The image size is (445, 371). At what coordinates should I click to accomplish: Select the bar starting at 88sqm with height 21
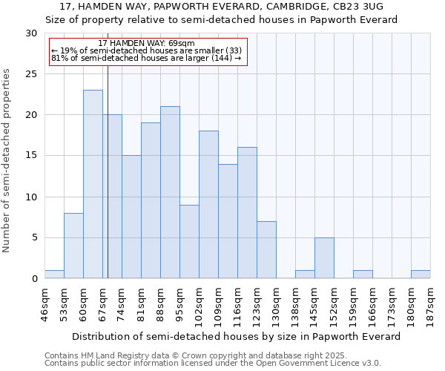[x=170, y=192]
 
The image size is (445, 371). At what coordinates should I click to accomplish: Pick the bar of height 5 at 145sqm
[x=324, y=257]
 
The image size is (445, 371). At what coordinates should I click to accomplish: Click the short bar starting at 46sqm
[x=54, y=275]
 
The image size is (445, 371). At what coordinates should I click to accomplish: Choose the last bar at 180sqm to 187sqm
[x=421, y=275]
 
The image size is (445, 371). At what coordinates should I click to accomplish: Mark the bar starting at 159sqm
[x=363, y=275]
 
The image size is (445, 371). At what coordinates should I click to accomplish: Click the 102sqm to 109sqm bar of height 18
[x=208, y=205]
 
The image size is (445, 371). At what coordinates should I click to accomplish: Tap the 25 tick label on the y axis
[x=32, y=74]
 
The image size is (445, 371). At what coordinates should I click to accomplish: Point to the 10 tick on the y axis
[x=32, y=197]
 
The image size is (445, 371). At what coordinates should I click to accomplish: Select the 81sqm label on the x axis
[x=141, y=303]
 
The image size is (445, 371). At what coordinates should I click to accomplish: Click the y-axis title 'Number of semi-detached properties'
[x=7, y=160]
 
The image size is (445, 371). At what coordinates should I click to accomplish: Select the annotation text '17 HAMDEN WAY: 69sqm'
[x=146, y=44]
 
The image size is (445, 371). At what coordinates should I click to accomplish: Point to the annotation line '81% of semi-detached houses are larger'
[x=146, y=57]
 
